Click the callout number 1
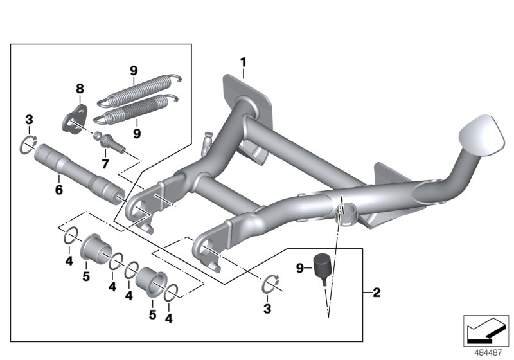(x=244, y=62)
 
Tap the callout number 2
(x=377, y=292)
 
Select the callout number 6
(x=58, y=190)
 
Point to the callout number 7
(x=105, y=163)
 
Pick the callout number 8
(x=80, y=89)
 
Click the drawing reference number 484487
(x=488, y=353)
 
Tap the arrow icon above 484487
(x=486, y=331)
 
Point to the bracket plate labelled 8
(x=74, y=118)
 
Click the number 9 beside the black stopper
(x=300, y=268)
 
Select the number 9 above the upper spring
(x=134, y=71)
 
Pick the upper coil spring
(x=139, y=89)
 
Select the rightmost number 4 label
(x=168, y=318)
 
